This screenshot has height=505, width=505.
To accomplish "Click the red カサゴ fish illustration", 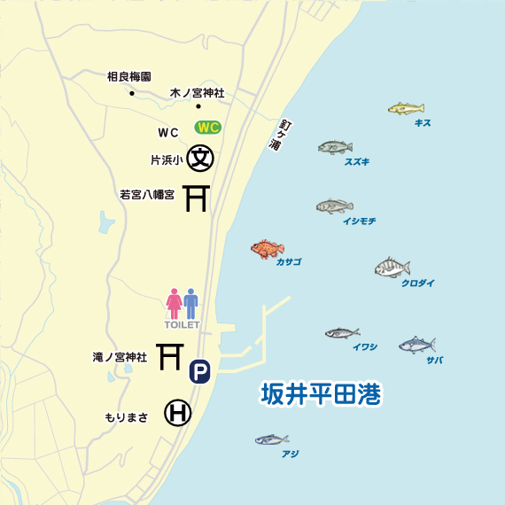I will [268, 249].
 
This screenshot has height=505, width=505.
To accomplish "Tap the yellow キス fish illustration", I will [406, 109].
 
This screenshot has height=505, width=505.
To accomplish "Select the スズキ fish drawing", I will [335, 147].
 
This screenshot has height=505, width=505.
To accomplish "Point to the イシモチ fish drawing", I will [334, 206].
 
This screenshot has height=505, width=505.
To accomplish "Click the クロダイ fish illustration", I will [392, 268].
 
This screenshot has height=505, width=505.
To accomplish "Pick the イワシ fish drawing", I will [342, 334].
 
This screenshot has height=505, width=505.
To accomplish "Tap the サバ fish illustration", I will [416, 345].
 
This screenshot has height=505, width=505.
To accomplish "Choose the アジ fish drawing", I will [272, 439].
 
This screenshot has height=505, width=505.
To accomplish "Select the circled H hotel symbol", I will [177, 413].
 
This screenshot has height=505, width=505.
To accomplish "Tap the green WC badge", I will [207, 127].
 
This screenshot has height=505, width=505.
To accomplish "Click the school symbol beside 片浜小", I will [201, 159].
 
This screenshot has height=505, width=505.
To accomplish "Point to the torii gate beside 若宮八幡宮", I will [196, 198].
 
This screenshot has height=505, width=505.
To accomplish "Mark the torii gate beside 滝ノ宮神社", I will [169, 356].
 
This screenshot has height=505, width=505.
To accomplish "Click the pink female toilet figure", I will [175, 303].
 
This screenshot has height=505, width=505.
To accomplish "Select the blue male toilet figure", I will [191, 303].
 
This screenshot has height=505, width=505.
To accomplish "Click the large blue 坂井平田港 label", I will [320, 394].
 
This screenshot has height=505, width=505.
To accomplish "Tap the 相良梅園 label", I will [128, 77].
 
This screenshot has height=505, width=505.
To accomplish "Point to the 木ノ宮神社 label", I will [198, 92].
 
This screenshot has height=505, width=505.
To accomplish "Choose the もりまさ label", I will [126, 417].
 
